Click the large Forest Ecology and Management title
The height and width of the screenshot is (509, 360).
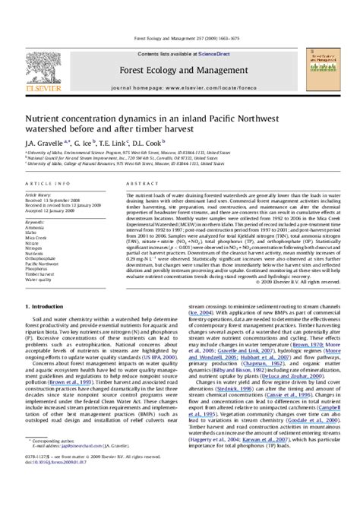pos(179,69)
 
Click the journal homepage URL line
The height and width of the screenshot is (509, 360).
pos(179,89)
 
